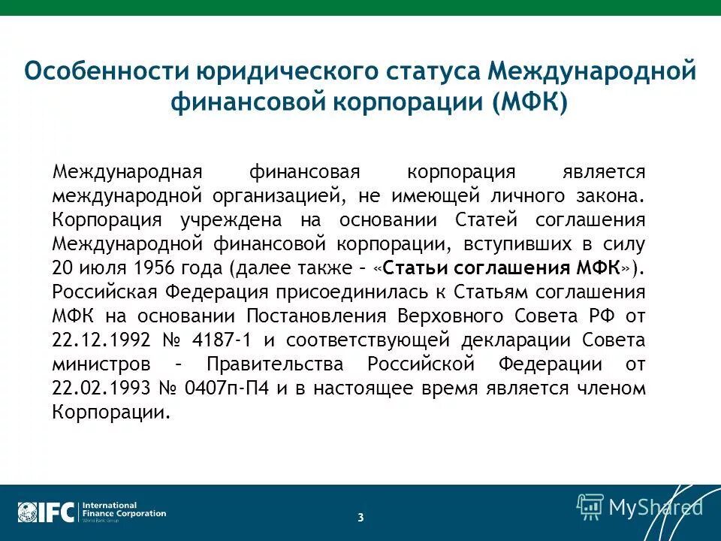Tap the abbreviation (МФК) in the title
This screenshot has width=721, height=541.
[531, 102]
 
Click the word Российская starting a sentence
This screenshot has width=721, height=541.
[101, 292]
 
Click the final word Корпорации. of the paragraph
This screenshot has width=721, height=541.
[111, 413]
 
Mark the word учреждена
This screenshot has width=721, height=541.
[232, 219]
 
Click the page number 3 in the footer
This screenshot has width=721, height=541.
[360, 517]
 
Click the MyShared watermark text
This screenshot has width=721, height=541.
[655, 507]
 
